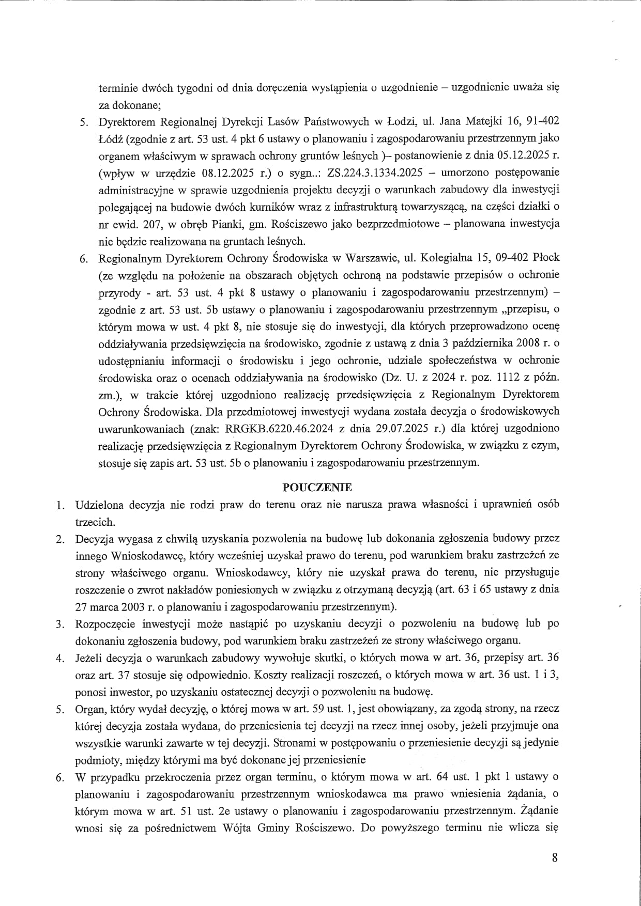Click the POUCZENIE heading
pos(316,487)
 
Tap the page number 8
pos(555,858)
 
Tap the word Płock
pos(545,257)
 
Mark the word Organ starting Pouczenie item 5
pos(90,709)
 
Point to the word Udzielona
pos(99,504)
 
